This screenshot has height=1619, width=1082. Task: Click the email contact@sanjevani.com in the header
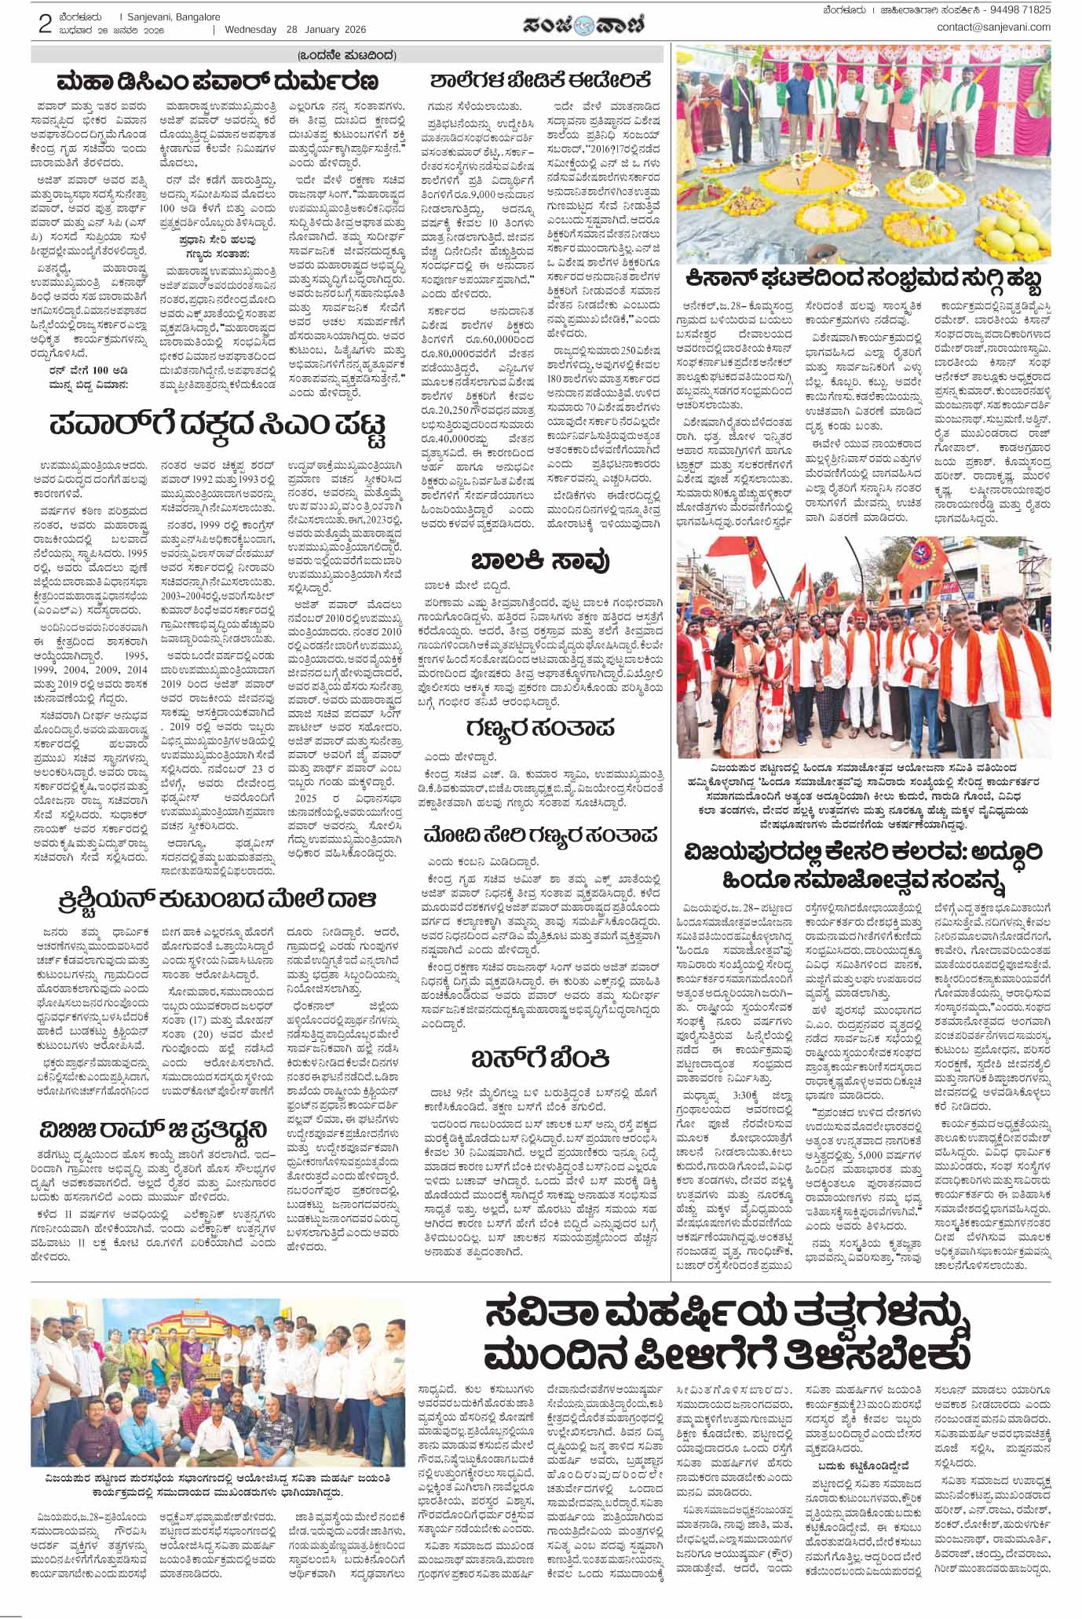(993, 27)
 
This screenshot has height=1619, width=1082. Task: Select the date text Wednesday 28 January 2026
(296, 30)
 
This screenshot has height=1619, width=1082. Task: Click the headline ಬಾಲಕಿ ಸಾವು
(540, 561)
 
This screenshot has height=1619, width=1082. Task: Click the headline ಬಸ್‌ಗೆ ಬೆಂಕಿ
(540, 1058)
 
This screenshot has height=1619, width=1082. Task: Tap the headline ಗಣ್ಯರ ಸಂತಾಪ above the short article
(540, 727)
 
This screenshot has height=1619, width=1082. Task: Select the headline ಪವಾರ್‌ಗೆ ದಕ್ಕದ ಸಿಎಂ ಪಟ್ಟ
(217, 427)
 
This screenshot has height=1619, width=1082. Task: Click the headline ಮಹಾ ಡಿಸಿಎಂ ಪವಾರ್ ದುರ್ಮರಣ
(217, 81)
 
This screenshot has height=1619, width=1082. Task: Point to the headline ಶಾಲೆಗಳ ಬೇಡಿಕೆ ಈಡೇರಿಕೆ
(540, 80)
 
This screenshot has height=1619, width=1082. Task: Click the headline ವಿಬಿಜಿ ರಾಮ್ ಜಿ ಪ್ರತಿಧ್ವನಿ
(154, 1131)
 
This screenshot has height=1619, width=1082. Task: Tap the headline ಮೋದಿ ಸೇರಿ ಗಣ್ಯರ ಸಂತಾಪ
(540, 833)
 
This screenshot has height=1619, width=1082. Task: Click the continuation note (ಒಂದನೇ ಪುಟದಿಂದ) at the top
(346, 55)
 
